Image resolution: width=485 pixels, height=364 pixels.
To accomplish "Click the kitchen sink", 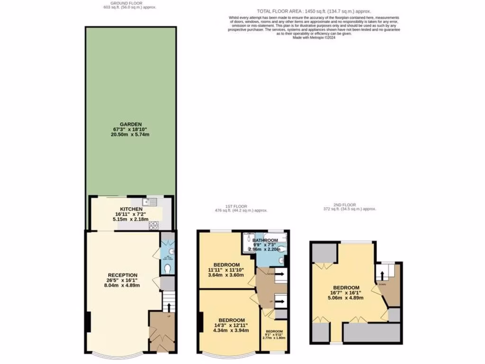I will pyautogui.click(x=151, y=202).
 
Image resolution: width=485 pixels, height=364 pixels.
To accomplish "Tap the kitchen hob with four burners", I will pyautogui.click(x=153, y=226).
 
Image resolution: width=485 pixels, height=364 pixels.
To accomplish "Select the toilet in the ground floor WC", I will pyautogui.click(x=165, y=268).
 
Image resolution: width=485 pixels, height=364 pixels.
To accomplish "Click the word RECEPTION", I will pyautogui.click(x=123, y=275).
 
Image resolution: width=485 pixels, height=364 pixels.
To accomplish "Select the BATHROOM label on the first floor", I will pyautogui.click(x=265, y=240).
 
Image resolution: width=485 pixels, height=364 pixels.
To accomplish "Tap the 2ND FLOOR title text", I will pyautogui.click(x=350, y=204).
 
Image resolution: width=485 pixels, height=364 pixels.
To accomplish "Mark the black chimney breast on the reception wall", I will pyautogui.click(x=87, y=322).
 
